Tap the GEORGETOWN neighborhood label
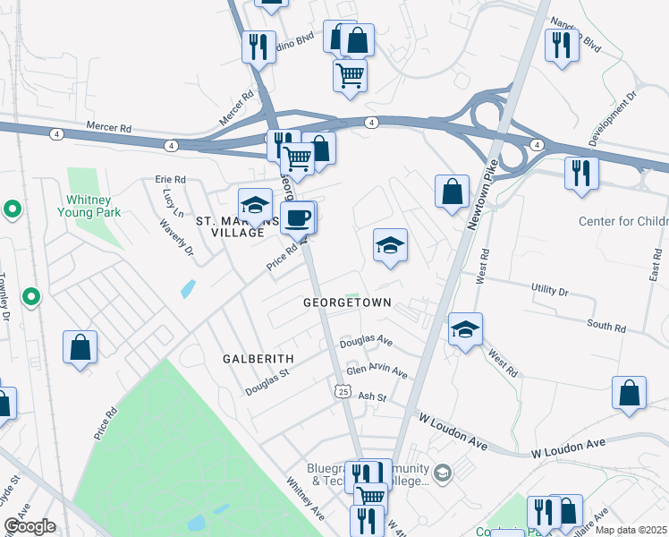point(347,303)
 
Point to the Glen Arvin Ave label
point(377,371)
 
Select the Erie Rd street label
point(170,179)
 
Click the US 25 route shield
point(343,390)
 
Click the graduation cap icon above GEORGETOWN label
point(390,245)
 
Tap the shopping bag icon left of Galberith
point(80,347)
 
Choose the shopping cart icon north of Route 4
point(350,74)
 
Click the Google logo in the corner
point(30,526)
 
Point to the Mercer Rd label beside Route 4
point(108,129)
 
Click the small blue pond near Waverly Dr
point(186,288)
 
